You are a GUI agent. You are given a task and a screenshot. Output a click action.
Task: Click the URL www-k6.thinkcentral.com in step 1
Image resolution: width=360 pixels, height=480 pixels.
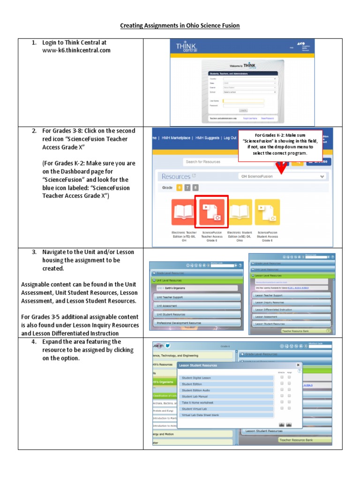[76, 51]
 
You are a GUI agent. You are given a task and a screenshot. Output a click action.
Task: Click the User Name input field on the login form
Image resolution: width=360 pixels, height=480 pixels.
[243, 101]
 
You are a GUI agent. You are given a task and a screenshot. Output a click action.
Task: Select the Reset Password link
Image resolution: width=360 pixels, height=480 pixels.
[267, 119]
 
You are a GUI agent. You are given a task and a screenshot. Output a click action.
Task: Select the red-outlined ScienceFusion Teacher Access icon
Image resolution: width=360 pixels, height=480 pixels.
[212, 212]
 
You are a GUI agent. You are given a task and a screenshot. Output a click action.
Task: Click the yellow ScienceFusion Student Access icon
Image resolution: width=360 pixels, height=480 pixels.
[268, 212]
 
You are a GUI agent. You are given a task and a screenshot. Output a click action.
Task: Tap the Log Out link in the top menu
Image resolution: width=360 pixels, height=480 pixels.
[230, 138]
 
